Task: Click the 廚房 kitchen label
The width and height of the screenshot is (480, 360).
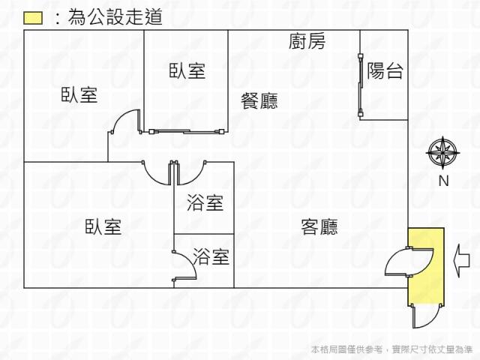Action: tap(307, 42)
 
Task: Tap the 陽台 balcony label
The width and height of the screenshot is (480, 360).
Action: tap(385, 71)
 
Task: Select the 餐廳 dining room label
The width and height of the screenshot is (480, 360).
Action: tap(259, 100)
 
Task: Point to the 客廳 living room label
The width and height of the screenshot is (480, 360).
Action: tap(319, 226)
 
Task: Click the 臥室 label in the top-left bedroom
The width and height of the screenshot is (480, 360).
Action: tap(79, 95)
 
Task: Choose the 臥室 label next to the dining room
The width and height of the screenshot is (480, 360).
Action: tap(187, 71)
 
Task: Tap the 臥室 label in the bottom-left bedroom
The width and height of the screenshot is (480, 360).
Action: tap(103, 226)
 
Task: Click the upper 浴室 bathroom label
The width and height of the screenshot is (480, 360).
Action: tap(205, 202)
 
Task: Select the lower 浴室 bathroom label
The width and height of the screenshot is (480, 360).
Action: tap(211, 256)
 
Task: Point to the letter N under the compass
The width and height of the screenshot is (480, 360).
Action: tap(442, 181)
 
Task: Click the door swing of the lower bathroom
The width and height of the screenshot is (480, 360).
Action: tap(185, 266)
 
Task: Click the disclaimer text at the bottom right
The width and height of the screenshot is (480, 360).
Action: tap(391, 349)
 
